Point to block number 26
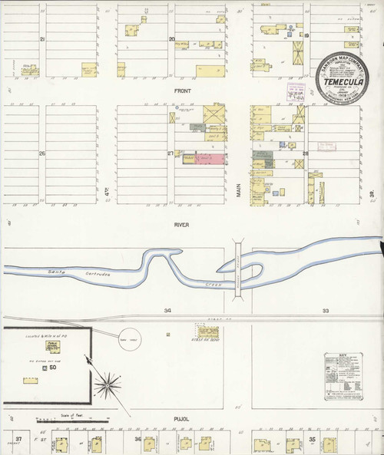(43, 153)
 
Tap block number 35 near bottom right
(313, 440)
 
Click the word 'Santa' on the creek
(55, 272)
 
